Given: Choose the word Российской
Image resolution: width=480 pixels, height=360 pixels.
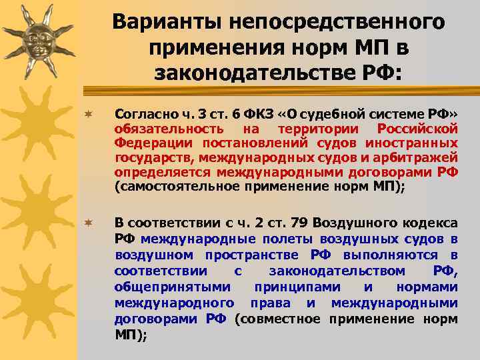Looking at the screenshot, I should (417, 128).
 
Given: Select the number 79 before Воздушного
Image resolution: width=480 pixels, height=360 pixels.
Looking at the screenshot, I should (298, 223).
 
